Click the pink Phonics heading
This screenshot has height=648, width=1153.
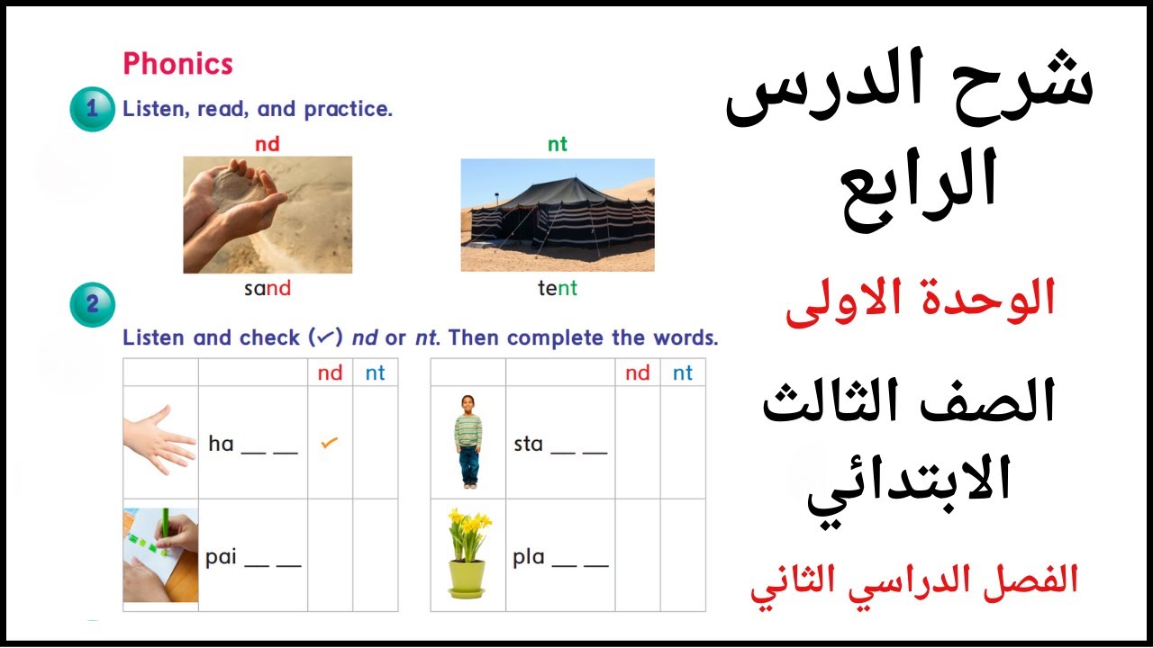coord(177,64)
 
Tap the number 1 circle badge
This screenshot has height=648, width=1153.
coord(92,110)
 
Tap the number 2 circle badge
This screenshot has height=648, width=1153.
coord(92,304)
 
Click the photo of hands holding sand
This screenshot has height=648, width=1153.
coord(268,214)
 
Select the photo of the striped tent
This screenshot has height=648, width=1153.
coord(558,215)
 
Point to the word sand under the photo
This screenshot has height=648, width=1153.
coord(268,289)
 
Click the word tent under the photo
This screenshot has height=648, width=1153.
coord(558,289)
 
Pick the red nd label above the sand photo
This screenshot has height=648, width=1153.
coord(268,144)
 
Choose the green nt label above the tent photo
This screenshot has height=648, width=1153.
coord(558,144)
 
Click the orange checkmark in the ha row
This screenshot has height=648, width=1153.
coord(330,443)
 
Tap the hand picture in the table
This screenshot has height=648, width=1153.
coord(159,440)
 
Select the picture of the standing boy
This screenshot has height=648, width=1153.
coord(468,441)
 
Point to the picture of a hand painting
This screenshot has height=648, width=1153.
coord(160,554)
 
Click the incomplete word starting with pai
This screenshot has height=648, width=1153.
coord(252,558)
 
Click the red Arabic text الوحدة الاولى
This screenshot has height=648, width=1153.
coord(920,301)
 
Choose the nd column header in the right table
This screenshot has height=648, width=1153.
coord(637,373)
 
